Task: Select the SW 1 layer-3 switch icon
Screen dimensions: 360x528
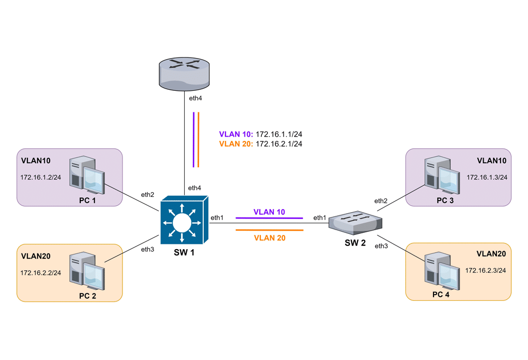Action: click(183, 220)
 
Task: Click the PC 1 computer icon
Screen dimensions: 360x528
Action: click(86, 174)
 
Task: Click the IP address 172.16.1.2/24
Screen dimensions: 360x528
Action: click(41, 177)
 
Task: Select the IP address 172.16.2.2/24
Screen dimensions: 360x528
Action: click(41, 272)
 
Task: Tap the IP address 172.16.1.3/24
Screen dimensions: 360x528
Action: click(487, 177)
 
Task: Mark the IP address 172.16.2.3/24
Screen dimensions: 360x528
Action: click(486, 270)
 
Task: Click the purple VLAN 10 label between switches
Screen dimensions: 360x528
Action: click(269, 212)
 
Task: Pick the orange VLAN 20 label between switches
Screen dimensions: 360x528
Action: click(269, 238)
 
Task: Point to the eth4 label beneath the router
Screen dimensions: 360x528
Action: click(195, 98)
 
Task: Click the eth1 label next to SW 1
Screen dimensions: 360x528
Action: click(217, 217)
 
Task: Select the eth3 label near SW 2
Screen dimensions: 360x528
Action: click(381, 246)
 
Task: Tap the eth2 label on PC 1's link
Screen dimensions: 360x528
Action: click(147, 194)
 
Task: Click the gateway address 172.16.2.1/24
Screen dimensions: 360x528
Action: click(279, 144)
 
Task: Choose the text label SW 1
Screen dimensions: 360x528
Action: click(184, 253)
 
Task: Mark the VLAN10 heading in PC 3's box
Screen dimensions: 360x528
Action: click(491, 160)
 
